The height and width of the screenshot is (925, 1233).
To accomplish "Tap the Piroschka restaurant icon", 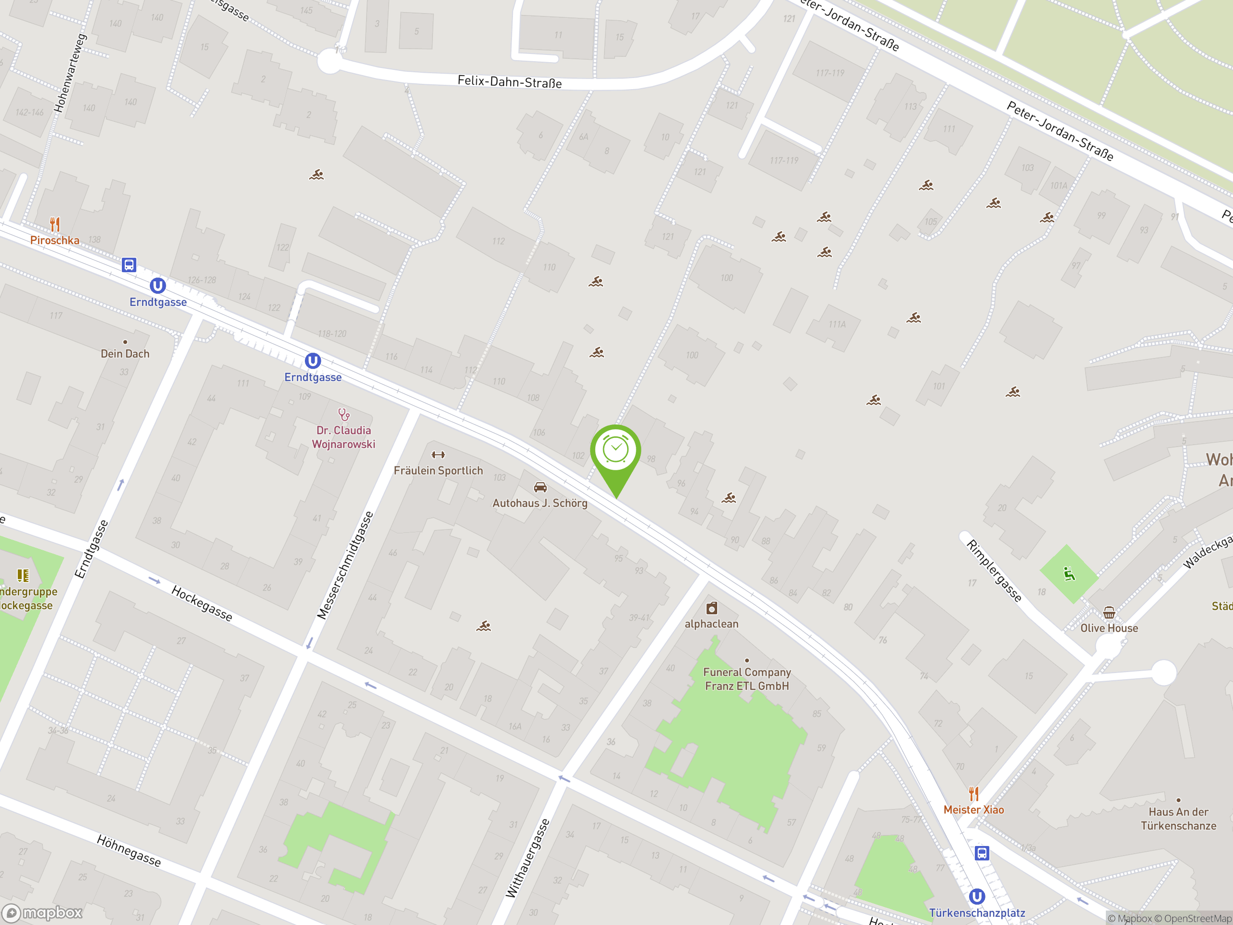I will point(54,224).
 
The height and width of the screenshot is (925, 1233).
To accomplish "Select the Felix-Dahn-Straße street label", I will point(509,82).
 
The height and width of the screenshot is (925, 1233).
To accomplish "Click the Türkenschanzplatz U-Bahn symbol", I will point(976,897).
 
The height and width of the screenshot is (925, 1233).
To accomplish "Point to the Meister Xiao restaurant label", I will point(973,809).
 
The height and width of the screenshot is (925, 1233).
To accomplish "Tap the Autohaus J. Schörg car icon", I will point(539,488).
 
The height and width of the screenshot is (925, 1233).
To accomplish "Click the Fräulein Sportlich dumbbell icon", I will point(438,455).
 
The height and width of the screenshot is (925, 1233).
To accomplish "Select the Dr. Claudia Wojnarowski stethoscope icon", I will point(344,415).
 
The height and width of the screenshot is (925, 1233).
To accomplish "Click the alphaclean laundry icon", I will point(712,608).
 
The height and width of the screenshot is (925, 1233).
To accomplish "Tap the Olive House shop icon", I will point(1109,613).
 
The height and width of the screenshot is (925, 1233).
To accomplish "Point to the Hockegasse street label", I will point(202,603).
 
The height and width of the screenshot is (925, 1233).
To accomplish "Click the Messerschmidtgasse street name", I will point(345,565).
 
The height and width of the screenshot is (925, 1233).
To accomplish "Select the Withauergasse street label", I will point(527,858).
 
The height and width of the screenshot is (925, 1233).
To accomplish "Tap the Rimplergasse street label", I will point(994,570).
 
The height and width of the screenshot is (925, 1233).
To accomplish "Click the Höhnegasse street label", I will point(129,850).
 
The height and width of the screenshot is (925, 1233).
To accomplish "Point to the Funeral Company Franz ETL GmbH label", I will point(747,679).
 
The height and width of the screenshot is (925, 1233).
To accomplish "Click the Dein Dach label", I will point(125,354).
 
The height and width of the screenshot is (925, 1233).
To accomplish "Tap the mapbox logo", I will point(43,913).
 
